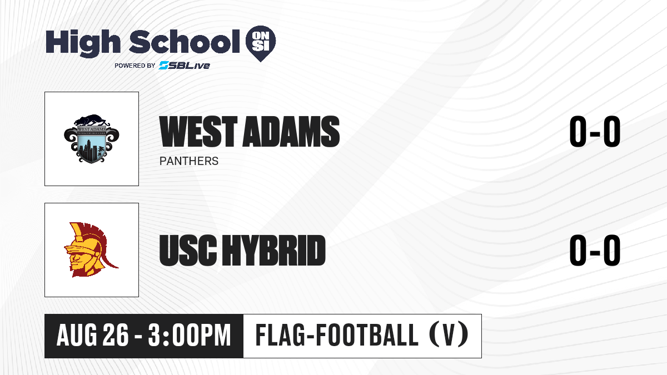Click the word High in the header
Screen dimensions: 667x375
(x=83, y=43)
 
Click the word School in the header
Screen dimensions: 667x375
(x=185, y=42)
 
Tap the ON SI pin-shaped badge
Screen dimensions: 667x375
(x=261, y=43)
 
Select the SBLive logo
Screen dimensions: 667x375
(x=185, y=66)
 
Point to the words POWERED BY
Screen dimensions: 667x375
(x=135, y=66)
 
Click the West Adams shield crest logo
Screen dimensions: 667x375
(x=92, y=138)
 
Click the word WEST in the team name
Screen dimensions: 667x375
(x=198, y=132)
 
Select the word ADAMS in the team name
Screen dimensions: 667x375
(x=291, y=132)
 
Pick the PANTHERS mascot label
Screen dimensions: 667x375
(x=189, y=161)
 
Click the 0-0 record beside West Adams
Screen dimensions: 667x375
(x=595, y=132)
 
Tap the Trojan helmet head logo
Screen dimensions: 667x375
(x=91, y=249)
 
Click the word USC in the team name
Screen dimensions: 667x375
(x=188, y=251)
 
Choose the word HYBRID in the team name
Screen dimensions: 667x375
(x=274, y=251)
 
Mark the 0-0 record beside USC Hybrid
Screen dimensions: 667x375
(x=595, y=251)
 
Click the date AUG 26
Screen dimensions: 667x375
(x=93, y=336)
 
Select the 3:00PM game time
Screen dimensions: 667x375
(x=190, y=336)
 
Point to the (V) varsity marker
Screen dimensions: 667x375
(x=449, y=335)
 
